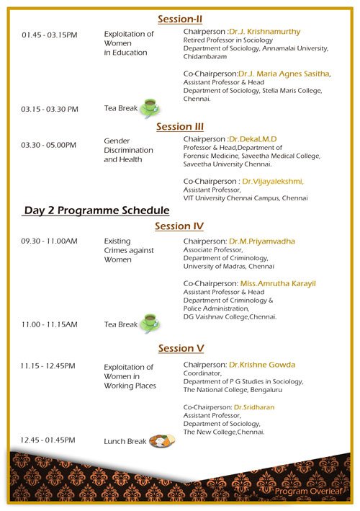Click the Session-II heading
[180, 19]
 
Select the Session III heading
[180, 126]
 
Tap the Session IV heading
[179, 226]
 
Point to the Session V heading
[181, 348]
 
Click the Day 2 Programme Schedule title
[96, 210]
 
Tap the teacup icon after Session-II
[150, 108]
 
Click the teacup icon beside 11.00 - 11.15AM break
[150, 323]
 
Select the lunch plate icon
[162, 440]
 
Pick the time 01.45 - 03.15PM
[50, 35]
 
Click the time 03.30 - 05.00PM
[48, 145]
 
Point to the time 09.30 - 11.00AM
[49, 241]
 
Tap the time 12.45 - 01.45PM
[48, 440]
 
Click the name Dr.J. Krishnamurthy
[265, 32]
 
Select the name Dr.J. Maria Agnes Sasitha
[284, 74]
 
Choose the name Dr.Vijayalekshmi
[272, 182]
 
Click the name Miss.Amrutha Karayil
[278, 283]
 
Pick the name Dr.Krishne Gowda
[262, 365]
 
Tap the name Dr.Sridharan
[254, 407]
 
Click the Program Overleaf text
[309, 491]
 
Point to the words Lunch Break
[125, 441]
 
